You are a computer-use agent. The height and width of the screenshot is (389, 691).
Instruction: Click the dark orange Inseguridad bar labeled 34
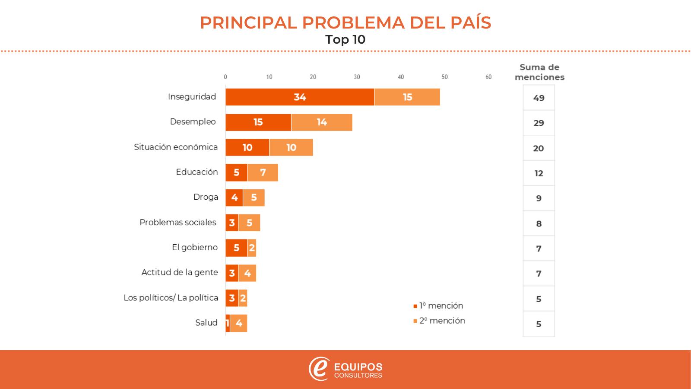(300, 97)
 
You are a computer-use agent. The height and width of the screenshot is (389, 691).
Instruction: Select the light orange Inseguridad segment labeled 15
(407, 97)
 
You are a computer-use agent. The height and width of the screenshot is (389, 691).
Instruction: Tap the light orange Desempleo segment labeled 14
(322, 122)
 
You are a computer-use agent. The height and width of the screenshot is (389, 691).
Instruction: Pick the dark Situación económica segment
(247, 147)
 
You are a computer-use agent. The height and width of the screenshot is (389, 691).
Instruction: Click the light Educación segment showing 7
(263, 172)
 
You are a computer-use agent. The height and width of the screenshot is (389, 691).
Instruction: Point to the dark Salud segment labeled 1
(228, 323)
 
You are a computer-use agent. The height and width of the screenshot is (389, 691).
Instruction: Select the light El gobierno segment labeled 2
(252, 248)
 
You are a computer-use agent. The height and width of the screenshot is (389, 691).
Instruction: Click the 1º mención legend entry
(438, 306)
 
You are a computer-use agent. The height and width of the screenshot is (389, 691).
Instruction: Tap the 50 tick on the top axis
(444, 77)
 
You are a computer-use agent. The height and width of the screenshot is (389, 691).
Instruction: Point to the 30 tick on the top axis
(357, 77)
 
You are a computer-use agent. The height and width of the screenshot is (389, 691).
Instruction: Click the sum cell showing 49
(539, 98)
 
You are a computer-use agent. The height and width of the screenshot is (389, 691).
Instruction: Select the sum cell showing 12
(539, 173)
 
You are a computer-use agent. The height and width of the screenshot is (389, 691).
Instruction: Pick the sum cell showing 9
(539, 198)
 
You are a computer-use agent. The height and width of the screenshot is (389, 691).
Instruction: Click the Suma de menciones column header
(539, 72)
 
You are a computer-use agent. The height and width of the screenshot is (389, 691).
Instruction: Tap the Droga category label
(206, 197)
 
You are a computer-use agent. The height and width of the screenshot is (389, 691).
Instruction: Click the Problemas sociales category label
(178, 222)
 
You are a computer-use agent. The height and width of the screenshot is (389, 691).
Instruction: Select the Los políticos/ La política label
(171, 298)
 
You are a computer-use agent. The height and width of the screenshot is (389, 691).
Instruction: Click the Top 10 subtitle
(345, 40)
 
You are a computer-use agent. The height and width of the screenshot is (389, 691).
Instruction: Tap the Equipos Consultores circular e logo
(319, 369)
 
